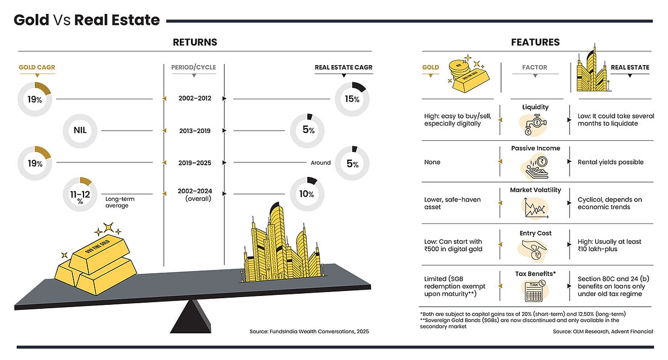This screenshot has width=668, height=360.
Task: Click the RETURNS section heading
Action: pos(195,42)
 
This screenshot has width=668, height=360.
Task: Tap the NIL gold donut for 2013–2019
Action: pos(82,131)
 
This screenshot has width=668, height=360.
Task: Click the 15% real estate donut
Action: pos(353,99)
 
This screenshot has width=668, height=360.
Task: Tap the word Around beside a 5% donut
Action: pos(321,163)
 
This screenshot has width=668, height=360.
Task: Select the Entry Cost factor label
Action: pos(536,233)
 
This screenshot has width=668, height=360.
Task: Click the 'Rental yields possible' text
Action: pos(610,162)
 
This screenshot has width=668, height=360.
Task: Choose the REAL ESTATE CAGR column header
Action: pos(343,68)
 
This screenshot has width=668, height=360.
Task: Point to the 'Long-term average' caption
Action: pos(120,203)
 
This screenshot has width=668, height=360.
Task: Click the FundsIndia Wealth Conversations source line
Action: pos(309,332)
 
